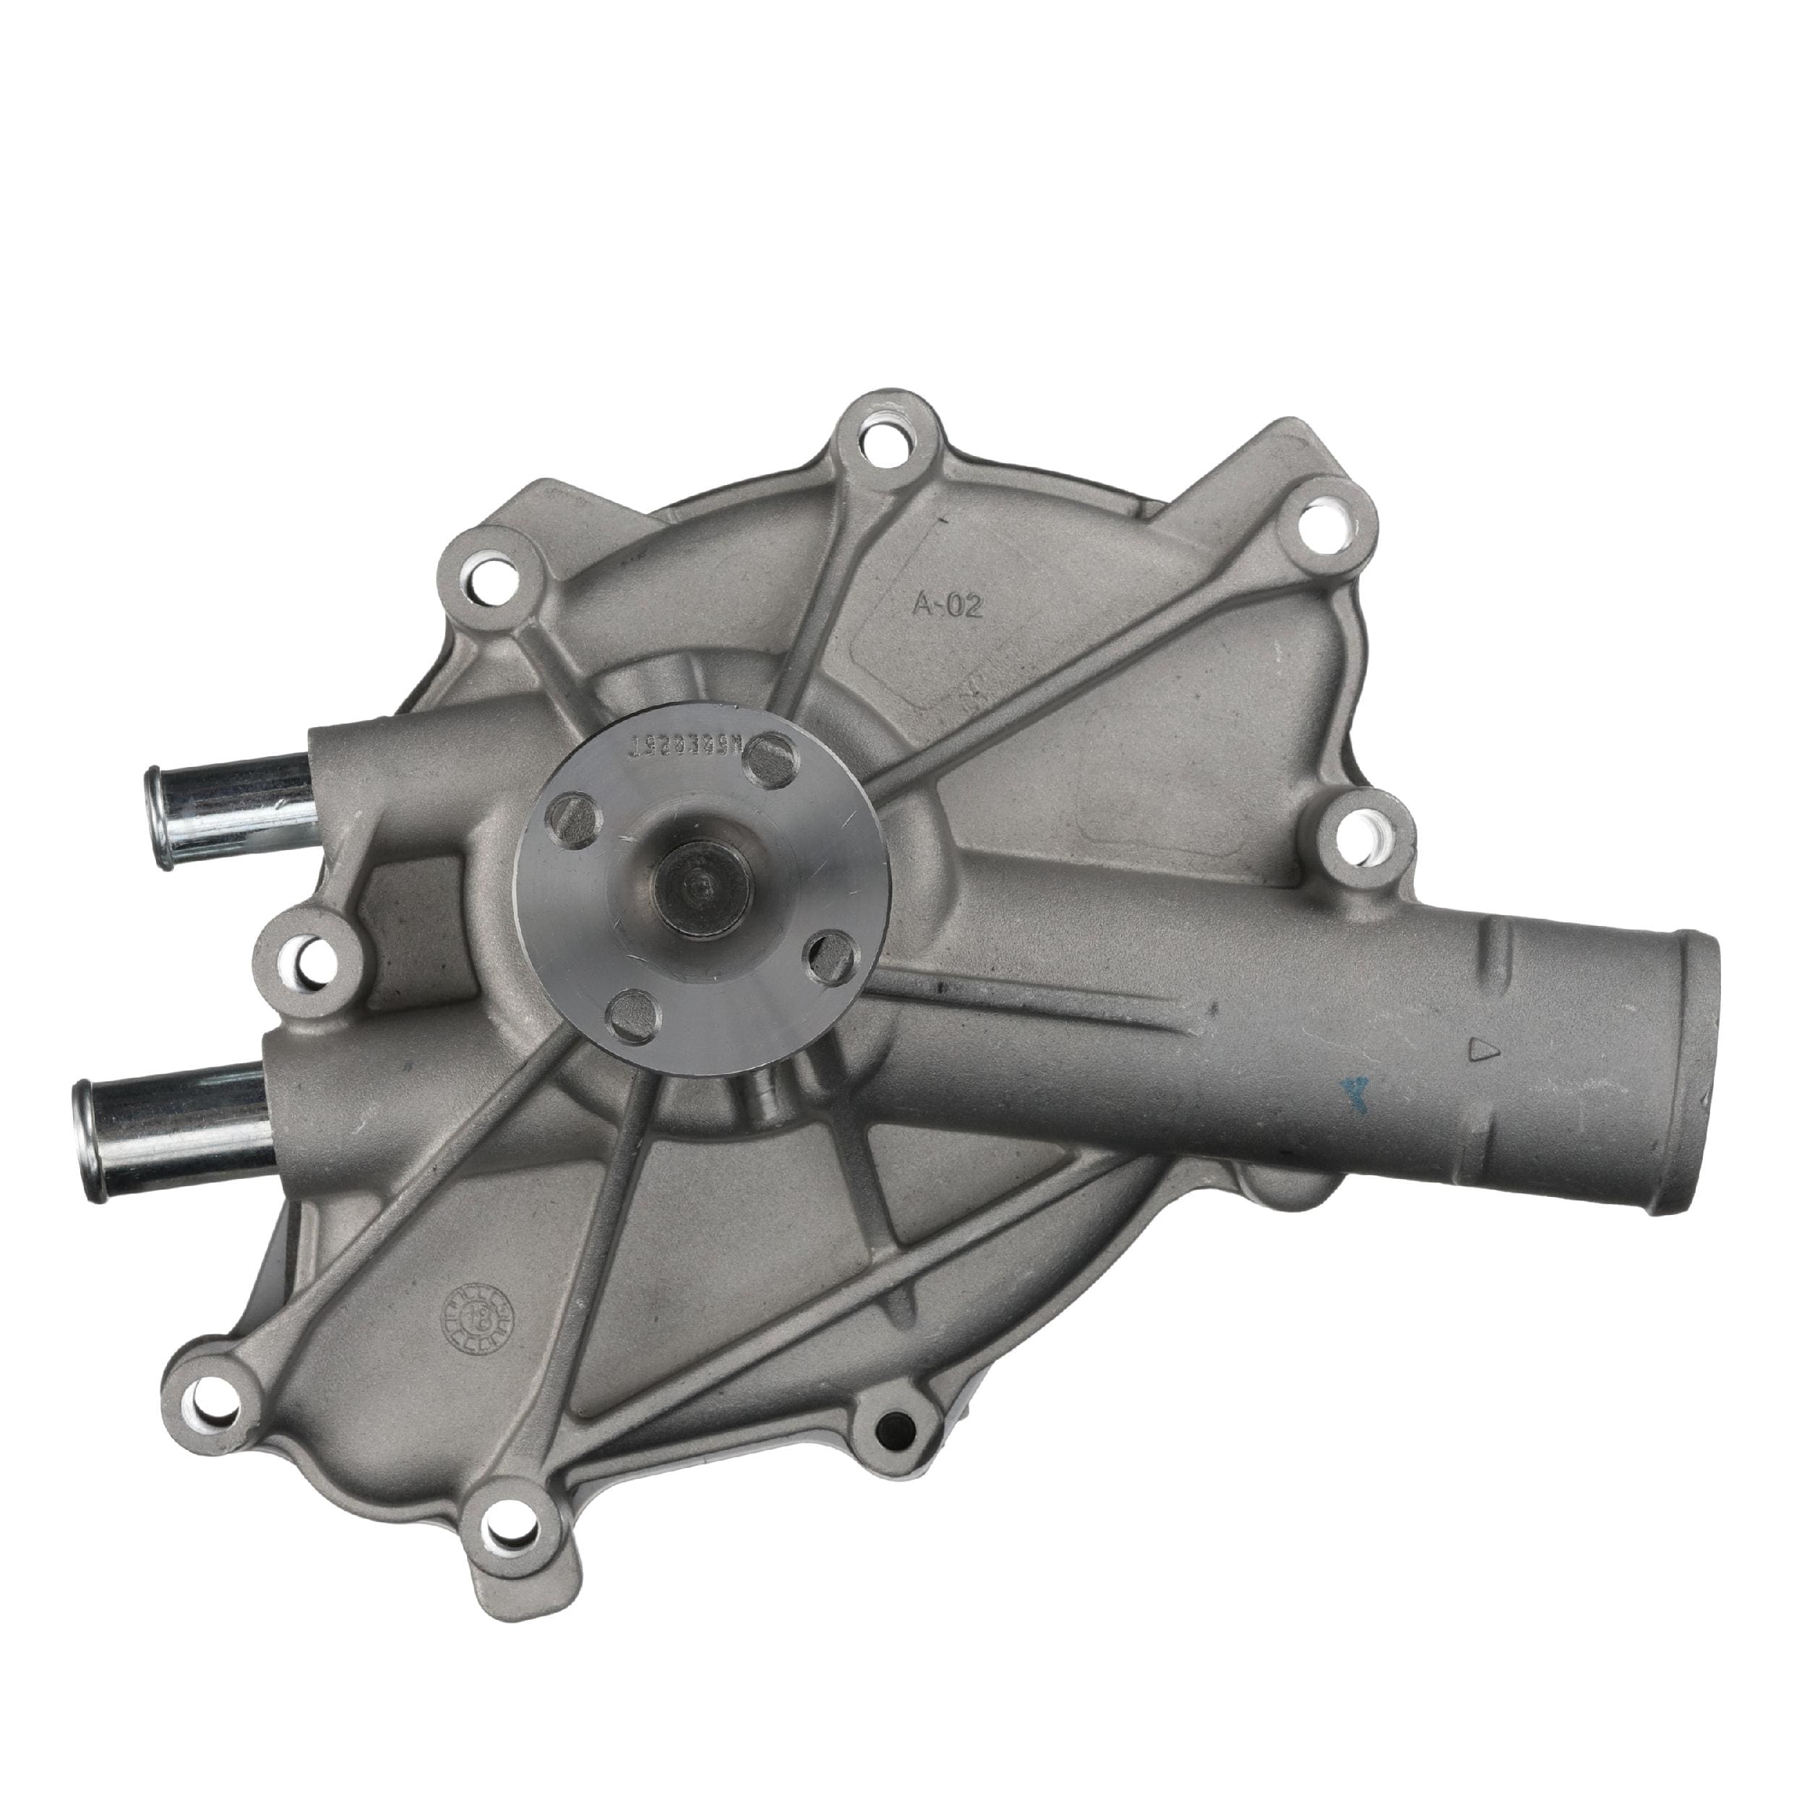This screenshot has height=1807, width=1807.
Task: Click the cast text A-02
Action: pyautogui.click(x=948, y=607)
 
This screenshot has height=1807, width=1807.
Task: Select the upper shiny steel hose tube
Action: pyautogui.click(x=228, y=804)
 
